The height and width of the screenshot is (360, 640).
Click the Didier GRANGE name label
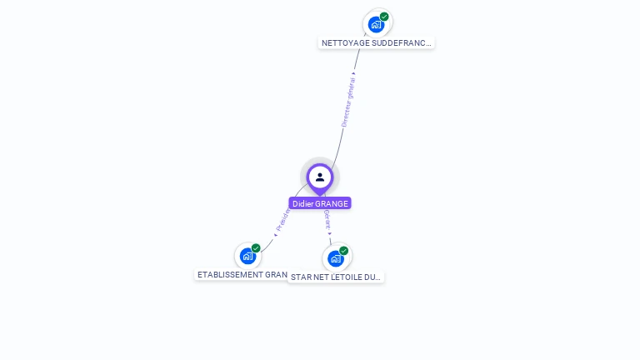[320, 203]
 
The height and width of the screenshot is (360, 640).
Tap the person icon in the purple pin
[320, 177]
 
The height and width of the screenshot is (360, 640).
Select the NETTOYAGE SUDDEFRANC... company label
[377, 42]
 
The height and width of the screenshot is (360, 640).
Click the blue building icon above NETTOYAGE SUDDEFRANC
[376, 24]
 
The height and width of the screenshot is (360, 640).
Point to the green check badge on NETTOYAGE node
[384, 17]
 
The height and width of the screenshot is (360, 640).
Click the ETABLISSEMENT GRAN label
[242, 274]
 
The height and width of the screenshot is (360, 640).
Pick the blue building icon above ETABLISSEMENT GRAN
[247, 256]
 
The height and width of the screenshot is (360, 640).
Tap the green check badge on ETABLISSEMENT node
[256, 248]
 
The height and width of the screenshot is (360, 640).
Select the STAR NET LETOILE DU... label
[337, 277]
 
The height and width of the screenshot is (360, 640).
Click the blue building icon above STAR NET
[335, 258]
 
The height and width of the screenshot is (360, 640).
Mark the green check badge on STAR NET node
[343, 251]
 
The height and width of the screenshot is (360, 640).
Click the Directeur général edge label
[348, 102]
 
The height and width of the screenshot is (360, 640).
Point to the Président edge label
[282, 219]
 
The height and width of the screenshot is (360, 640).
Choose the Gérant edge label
[327, 219]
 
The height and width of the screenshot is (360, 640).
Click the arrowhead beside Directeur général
[354, 74]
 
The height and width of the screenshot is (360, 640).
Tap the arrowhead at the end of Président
[276, 234]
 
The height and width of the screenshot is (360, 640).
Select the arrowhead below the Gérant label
[329, 234]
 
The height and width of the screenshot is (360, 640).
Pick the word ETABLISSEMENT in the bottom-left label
[230, 274]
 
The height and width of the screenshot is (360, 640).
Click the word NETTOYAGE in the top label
[345, 42]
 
